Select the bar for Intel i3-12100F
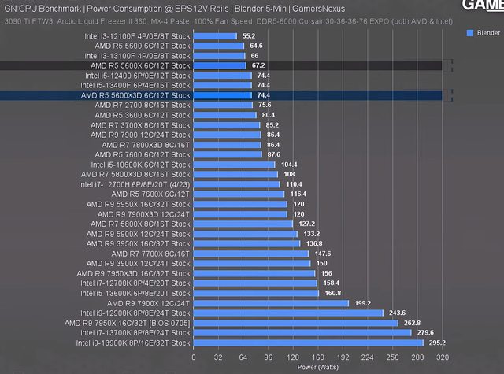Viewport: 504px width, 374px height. point(215,36)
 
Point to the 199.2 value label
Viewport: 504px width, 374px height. point(361,303)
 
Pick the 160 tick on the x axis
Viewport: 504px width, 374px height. point(319,357)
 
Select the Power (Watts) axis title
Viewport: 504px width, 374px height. point(319,366)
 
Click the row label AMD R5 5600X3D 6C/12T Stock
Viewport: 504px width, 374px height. point(135,95)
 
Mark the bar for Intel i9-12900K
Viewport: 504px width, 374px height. point(288,313)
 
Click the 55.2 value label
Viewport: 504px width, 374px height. point(250,36)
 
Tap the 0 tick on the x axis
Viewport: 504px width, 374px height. point(193,357)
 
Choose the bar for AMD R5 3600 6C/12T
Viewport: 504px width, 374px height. point(224,115)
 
